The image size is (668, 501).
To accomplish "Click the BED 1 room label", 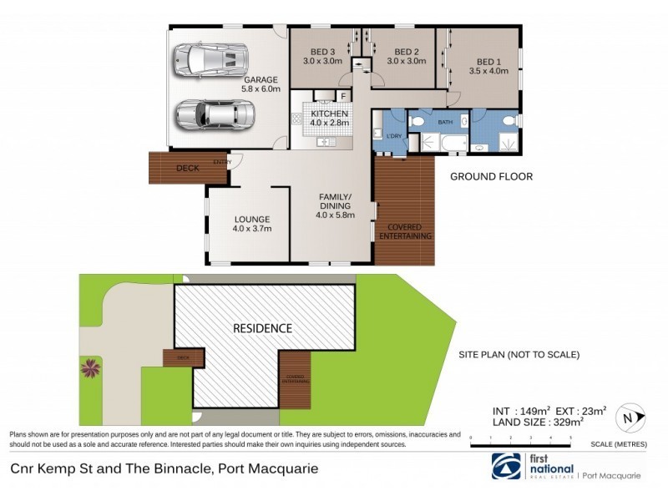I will [488, 67].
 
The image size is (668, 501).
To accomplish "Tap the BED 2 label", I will [406, 55].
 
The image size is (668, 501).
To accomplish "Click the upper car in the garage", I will [210, 60].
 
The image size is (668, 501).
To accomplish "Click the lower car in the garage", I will [210, 114].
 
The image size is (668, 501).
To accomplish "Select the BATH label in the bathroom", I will [445, 123].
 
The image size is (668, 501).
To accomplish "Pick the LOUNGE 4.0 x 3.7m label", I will [251, 224].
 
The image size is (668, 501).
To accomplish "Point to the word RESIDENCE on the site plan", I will [262, 328].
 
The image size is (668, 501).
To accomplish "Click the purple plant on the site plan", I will [89, 367].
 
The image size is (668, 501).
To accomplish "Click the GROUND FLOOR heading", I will [491, 177].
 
